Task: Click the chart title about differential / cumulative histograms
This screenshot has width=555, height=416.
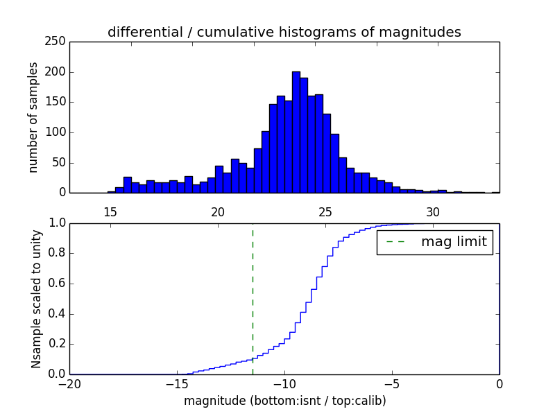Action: [284, 32]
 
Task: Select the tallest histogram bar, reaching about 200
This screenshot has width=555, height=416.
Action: [296, 132]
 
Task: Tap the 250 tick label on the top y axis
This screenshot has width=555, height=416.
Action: [58, 42]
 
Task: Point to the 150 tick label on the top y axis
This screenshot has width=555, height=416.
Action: [58, 102]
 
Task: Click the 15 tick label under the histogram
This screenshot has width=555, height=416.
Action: [110, 211]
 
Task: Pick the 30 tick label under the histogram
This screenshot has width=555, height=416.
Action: [433, 211]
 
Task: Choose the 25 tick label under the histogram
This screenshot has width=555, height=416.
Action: [325, 211]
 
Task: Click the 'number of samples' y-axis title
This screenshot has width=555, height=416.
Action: [33, 117]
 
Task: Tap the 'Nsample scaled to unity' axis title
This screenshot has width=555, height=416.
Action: [36, 299]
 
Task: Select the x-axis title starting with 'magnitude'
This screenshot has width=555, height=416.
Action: [284, 401]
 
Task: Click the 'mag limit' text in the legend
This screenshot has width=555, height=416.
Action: [454, 242]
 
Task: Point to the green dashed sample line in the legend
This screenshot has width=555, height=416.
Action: [395, 242]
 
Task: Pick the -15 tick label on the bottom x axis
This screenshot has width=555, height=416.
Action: [177, 384]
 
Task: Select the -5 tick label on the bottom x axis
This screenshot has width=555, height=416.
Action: [392, 384]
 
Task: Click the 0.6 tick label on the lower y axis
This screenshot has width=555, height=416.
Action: [55, 284]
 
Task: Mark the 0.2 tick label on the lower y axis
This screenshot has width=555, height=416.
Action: [55, 344]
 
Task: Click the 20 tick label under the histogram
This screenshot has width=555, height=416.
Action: [217, 211]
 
